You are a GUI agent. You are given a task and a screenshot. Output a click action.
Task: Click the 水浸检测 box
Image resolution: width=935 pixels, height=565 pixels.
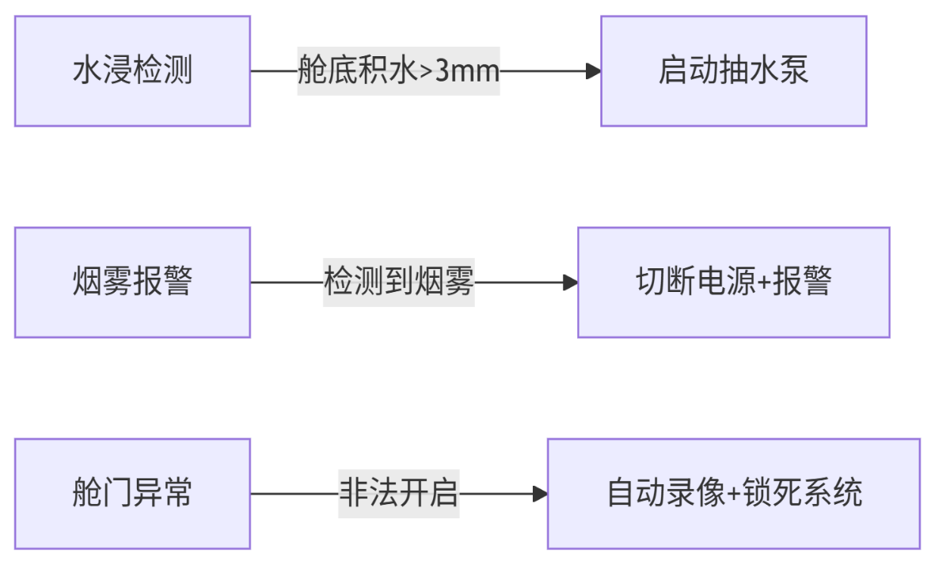(132, 71)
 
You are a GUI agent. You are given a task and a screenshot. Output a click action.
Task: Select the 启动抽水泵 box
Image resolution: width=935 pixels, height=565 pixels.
(733, 71)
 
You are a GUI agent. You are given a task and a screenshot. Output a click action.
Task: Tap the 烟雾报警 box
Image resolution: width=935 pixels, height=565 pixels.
(132, 282)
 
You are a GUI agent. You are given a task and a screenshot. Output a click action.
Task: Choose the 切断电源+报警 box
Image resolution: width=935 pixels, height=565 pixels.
(733, 282)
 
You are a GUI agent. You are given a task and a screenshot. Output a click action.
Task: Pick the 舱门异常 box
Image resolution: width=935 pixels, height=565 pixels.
(132, 494)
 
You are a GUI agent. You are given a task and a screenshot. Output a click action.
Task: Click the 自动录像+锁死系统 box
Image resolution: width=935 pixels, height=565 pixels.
(733, 494)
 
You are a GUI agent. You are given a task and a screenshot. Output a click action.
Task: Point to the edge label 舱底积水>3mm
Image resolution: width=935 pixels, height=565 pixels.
(398, 71)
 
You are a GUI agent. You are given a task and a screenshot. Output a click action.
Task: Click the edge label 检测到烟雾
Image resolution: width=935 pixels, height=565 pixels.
(398, 282)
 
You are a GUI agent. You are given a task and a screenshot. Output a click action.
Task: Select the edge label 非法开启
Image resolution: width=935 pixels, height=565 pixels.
(398, 494)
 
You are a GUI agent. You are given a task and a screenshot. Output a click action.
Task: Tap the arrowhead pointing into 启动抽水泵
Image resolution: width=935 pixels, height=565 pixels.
(593, 71)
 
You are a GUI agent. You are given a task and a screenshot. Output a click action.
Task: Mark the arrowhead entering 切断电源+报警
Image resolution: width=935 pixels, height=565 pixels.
(570, 282)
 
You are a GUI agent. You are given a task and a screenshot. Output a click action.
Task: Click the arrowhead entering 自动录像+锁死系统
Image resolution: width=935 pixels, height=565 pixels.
(540, 494)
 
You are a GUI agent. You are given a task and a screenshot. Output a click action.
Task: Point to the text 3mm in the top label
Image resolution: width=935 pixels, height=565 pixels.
(468, 72)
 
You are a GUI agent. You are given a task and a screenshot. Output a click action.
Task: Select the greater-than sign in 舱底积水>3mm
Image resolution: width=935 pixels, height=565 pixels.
(425, 72)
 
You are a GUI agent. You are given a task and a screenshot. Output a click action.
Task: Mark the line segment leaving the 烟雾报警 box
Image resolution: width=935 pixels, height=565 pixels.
(286, 282)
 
